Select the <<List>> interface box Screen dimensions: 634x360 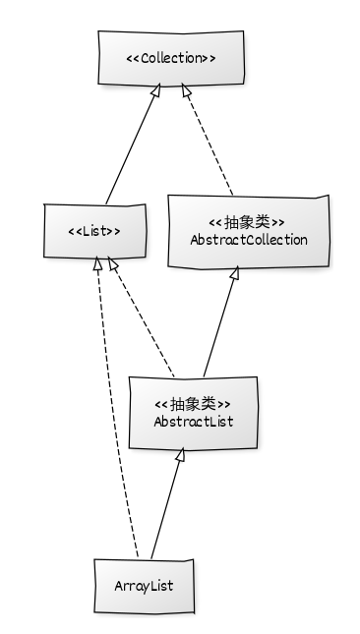click(x=94, y=232)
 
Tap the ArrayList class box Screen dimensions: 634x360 click(x=144, y=585)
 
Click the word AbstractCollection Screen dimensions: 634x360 click(x=248, y=239)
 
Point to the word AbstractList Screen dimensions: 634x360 click(x=193, y=421)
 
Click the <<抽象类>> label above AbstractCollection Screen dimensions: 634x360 click(x=248, y=221)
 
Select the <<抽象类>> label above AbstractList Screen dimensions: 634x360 click(x=193, y=403)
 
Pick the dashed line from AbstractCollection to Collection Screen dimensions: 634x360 click(x=208, y=144)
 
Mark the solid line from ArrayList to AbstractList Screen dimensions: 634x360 click(x=166, y=506)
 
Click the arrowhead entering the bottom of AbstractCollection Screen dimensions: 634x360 click(x=234, y=275)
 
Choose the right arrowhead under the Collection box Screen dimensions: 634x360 click(x=184, y=91)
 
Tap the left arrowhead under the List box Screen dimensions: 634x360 click(x=96, y=265)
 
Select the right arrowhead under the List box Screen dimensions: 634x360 click(x=113, y=265)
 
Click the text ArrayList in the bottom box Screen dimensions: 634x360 click(x=144, y=586)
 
